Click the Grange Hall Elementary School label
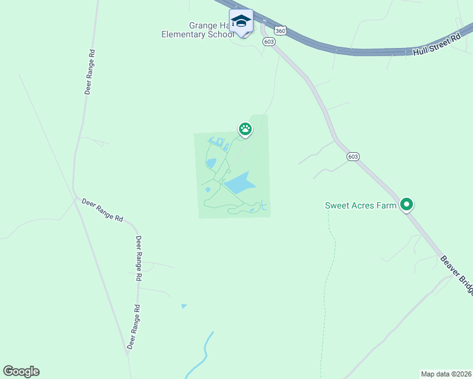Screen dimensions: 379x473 (197, 30)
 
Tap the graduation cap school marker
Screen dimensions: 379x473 (241, 22)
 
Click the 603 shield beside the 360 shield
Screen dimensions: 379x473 (269, 42)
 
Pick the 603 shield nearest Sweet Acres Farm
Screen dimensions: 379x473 (353, 156)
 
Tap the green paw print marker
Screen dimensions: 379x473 (245, 129)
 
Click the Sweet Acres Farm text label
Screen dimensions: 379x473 (360, 205)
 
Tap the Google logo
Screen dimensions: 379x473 (21, 371)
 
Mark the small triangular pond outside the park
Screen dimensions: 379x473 (184, 306)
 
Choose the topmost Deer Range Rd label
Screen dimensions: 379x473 (91, 73)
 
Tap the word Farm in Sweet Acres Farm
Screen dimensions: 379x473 (388, 205)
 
